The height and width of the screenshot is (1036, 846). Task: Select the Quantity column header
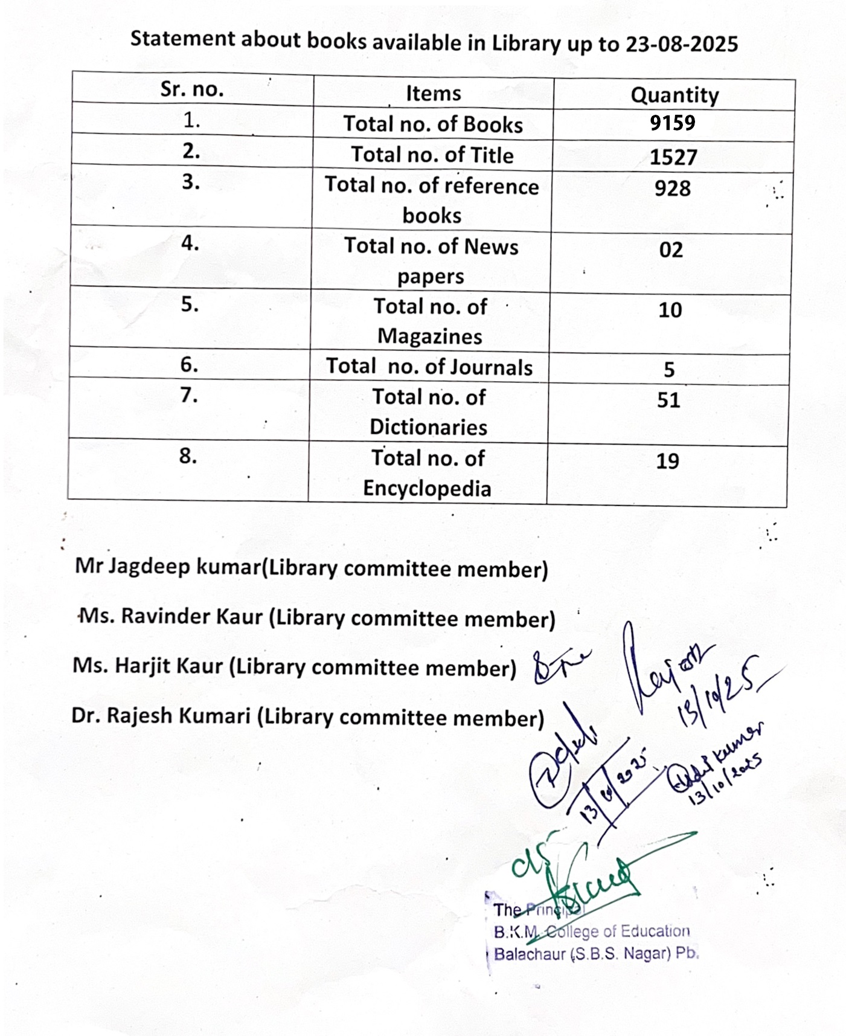[x=675, y=95]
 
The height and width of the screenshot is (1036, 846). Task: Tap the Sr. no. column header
[x=192, y=89]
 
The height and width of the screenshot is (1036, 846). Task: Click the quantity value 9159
[x=673, y=123]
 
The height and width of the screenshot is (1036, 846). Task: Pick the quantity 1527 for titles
[x=673, y=158]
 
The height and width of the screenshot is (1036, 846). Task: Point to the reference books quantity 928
[x=672, y=188]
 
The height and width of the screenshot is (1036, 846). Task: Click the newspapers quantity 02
[x=671, y=249]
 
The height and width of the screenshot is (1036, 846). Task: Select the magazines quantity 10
[x=670, y=310]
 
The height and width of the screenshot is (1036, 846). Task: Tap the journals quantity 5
[x=669, y=370]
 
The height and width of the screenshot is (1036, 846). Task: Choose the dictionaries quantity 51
[x=668, y=400]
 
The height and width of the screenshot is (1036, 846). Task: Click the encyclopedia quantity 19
[x=668, y=462]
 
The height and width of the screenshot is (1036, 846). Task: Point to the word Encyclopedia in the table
[x=427, y=488]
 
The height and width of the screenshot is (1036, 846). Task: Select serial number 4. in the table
[x=190, y=243]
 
